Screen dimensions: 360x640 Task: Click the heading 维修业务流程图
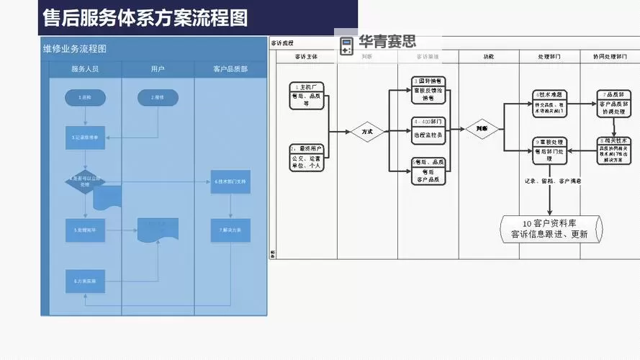tap(75, 49)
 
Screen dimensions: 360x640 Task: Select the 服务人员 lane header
tap(85, 69)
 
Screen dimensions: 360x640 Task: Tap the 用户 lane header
tap(158, 69)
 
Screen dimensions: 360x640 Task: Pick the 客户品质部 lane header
tap(230, 69)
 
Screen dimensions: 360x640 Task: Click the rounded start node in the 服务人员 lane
tap(85, 97)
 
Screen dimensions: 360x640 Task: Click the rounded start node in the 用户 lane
tap(158, 97)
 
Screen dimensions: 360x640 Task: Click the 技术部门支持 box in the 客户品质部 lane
tap(230, 181)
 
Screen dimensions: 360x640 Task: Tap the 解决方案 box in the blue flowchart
tap(230, 230)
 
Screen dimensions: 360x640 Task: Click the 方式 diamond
tap(367, 132)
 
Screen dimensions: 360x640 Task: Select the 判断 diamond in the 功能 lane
tap(482, 130)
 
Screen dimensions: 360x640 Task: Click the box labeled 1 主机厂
tap(307, 95)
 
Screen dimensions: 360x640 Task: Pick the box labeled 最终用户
tap(307, 157)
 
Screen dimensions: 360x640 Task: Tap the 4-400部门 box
tap(428, 127)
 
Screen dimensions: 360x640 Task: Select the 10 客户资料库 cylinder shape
tap(551, 228)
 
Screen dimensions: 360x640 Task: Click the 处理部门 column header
tap(549, 55)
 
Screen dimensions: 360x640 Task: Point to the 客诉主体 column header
tap(307, 55)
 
